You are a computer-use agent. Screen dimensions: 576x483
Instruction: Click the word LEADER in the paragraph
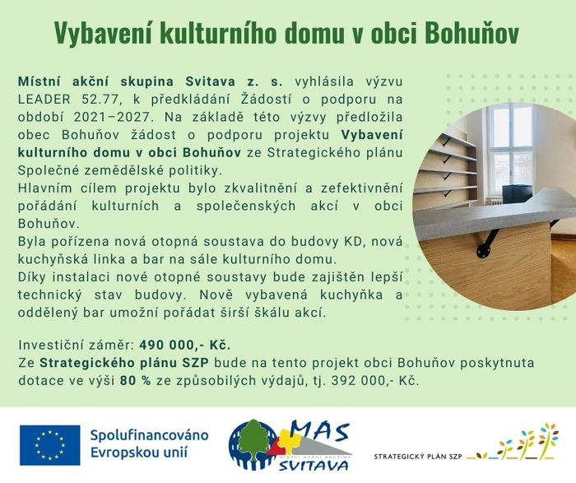pyautogui.click(x=44, y=100)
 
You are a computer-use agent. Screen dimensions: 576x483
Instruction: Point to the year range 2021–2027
pyautogui.click(x=113, y=117)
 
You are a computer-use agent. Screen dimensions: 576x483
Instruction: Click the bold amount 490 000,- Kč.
pyautogui.click(x=185, y=346)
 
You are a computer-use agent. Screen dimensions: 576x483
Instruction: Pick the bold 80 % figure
pyautogui.click(x=135, y=380)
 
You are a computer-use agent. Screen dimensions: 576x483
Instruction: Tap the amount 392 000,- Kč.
pyautogui.click(x=374, y=380)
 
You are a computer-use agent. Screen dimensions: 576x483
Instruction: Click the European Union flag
pyautogui.click(x=49, y=445)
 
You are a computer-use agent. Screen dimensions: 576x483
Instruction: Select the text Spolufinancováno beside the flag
pyautogui.click(x=150, y=435)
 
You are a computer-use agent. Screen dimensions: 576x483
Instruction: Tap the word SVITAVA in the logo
pyautogui.click(x=314, y=466)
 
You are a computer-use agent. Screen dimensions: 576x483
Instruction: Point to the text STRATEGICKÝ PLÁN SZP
pyautogui.click(x=418, y=457)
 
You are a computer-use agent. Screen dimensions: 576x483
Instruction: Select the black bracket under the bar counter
pyautogui.click(x=488, y=240)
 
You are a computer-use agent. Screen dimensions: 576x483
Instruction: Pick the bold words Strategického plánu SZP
pyautogui.click(x=124, y=363)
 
